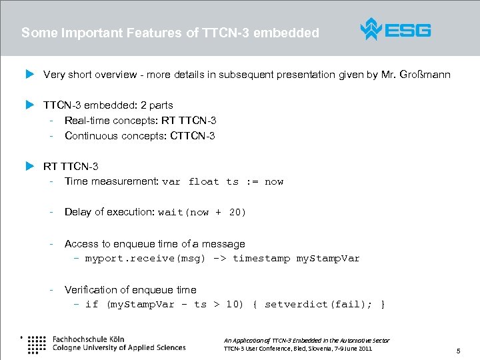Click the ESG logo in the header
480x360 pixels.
coord(395,30)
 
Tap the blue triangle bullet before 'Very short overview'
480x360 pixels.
coord(29,75)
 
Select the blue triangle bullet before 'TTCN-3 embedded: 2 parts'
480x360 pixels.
coord(29,105)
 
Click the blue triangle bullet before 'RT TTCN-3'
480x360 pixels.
coord(29,166)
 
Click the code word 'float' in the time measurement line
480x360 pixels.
coord(204,182)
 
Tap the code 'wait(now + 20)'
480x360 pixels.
coord(202,213)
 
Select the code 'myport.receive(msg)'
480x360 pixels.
coord(145,259)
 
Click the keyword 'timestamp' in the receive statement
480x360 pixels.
coord(261,259)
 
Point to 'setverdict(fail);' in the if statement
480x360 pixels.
coord(315,305)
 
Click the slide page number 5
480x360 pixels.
coord(458,351)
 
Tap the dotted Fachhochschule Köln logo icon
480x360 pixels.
coord(37,343)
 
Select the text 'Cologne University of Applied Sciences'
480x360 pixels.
coord(119,347)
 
